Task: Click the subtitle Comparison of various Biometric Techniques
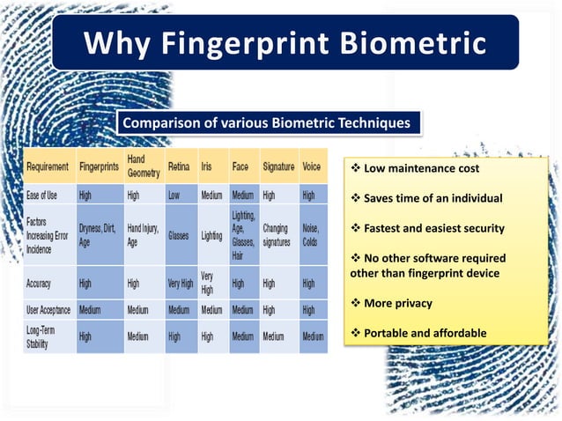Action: coord(265,123)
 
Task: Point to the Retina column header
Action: coord(179,166)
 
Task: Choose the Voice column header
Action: coord(311,166)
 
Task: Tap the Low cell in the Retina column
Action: coord(174,195)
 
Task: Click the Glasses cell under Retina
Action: coord(181,236)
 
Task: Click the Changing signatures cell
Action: coord(276,236)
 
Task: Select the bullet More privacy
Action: coord(397,303)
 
